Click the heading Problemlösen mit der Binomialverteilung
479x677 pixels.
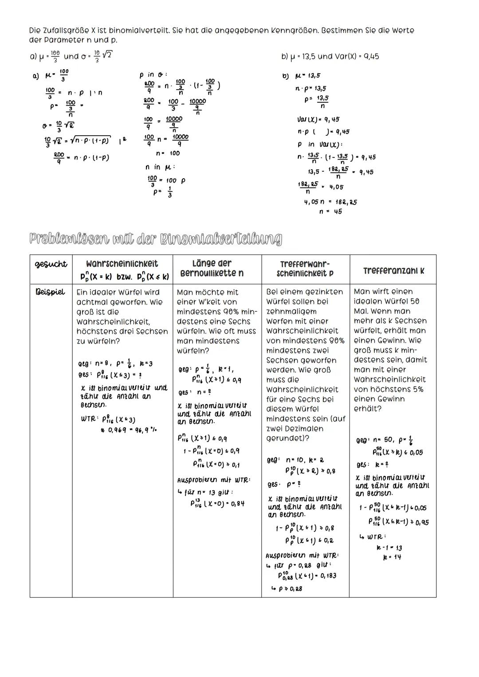click(x=155, y=239)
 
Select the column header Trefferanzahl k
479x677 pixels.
click(x=393, y=270)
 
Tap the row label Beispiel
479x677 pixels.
click(x=51, y=292)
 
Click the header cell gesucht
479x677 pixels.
click(x=51, y=264)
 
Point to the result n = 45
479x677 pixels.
click(x=331, y=211)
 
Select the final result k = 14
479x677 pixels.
click(x=392, y=557)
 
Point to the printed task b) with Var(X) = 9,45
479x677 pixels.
click(x=330, y=56)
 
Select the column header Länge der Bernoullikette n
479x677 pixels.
click(x=217, y=268)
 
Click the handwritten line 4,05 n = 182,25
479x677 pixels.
click(x=330, y=202)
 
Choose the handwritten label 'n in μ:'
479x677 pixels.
click(x=161, y=167)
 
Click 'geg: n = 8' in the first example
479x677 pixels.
click(x=92, y=364)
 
